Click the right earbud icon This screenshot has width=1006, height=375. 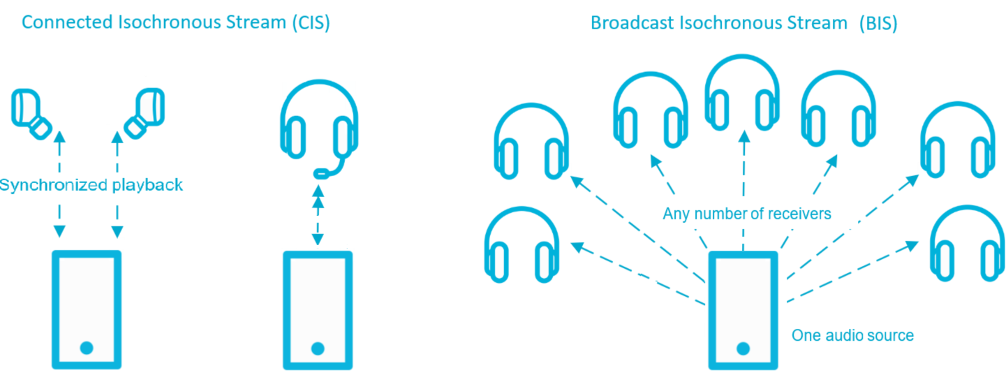pos(145,112)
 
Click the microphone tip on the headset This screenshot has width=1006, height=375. pos(321,172)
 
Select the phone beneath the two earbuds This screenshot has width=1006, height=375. pos(87,309)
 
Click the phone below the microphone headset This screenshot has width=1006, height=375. pos(318,309)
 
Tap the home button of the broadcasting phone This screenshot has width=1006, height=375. pos(743,348)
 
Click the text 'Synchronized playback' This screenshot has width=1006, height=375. pos(91,186)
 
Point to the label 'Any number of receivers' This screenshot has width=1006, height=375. pos(746,214)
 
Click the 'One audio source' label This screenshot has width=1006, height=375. pos(852,336)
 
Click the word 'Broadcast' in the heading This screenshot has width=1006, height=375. pos(631,23)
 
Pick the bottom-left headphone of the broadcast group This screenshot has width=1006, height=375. pos(522,245)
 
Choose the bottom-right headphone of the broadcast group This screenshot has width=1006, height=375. pos(969,244)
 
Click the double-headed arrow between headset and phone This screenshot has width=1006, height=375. pos(318,212)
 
